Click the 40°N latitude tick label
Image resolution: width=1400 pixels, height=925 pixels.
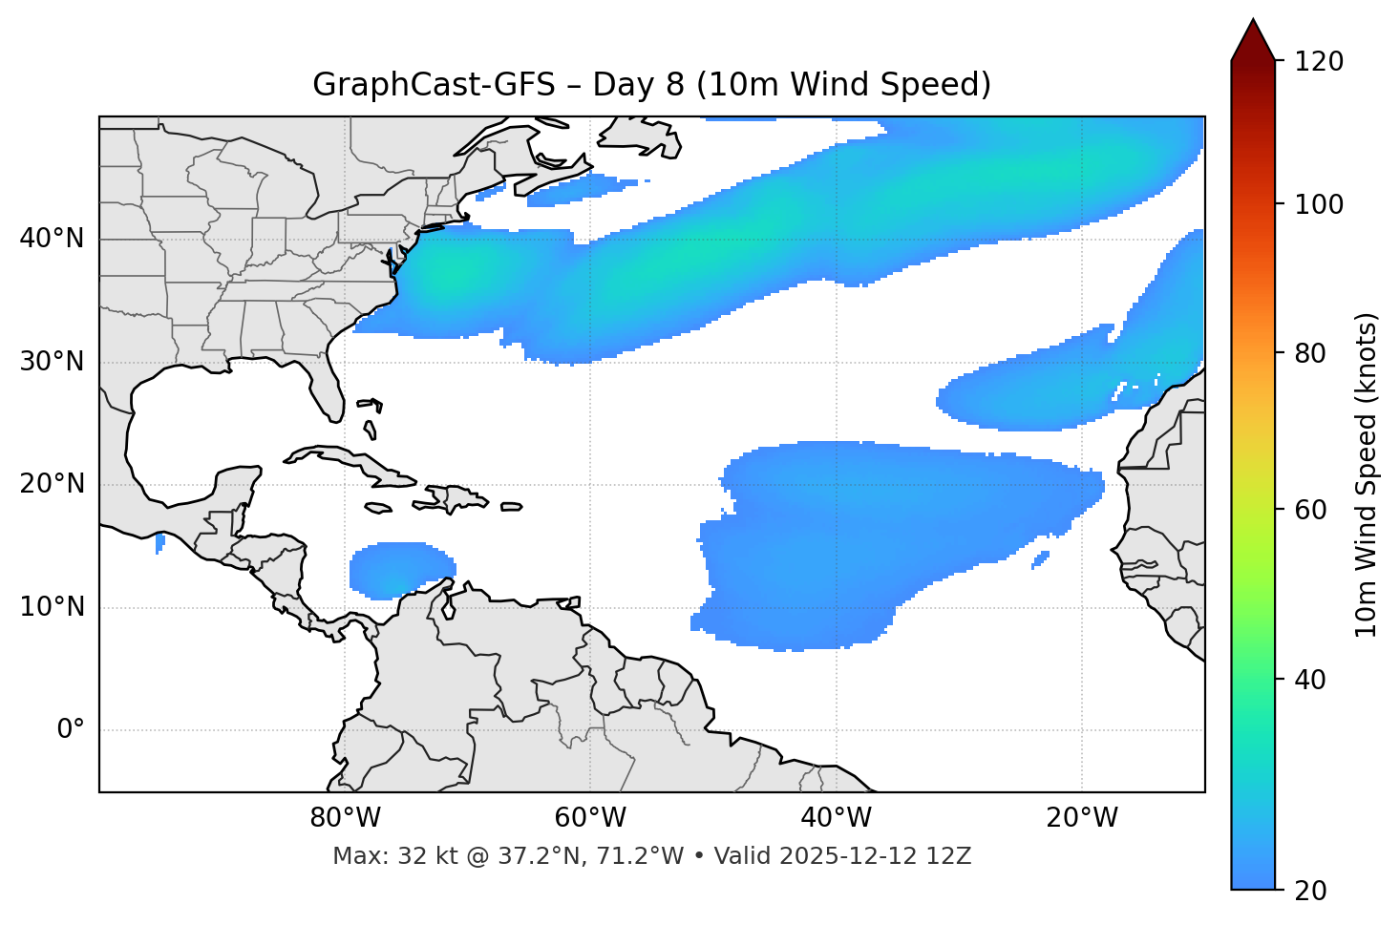[x=52, y=239]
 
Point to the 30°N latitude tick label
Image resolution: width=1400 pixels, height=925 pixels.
[x=52, y=362]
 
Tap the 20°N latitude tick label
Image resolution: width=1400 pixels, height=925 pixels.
[x=52, y=484]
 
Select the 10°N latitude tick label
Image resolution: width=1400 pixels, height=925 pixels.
[x=52, y=607]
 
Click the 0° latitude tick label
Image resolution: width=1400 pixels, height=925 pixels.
[x=71, y=730]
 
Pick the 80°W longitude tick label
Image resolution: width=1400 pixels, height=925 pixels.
[x=345, y=818]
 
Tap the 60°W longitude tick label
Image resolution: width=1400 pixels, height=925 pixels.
[x=590, y=818]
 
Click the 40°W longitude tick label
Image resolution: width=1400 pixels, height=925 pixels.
[x=836, y=818]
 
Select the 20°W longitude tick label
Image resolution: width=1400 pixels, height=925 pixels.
[x=1081, y=818]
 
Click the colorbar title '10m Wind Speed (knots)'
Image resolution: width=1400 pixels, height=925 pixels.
[x=1368, y=474]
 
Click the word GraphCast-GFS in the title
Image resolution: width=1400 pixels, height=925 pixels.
[x=434, y=85]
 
